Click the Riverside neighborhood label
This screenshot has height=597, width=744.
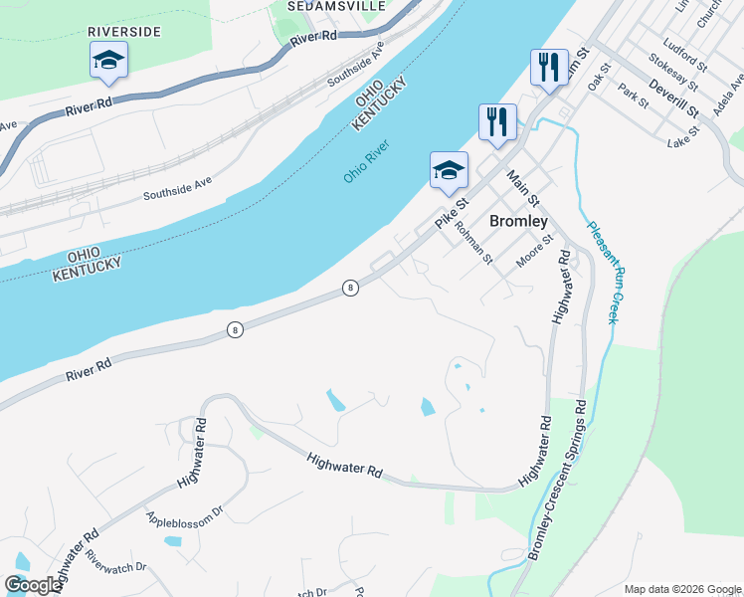coord(124,32)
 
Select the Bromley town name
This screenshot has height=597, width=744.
coord(518,220)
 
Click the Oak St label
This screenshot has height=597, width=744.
coord(598,80)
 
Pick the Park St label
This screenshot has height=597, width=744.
coord(632,96)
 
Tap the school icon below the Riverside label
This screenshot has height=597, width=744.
coord(108,61)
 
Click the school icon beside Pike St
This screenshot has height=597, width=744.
coord(449,170)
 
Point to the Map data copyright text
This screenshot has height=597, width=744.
coord(681,588)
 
